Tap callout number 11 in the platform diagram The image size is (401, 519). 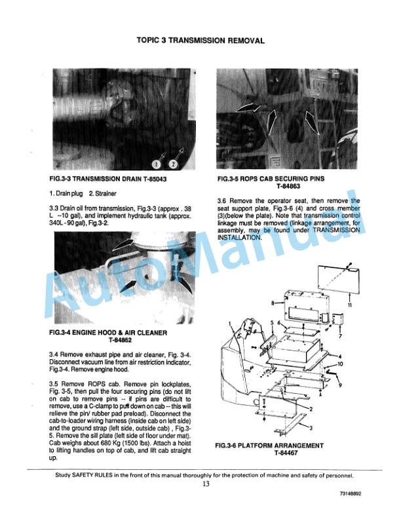351,305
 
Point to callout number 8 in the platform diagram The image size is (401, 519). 273,303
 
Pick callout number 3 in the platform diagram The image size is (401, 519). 311,427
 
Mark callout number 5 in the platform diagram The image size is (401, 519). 271,323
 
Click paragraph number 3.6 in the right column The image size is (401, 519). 222,201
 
